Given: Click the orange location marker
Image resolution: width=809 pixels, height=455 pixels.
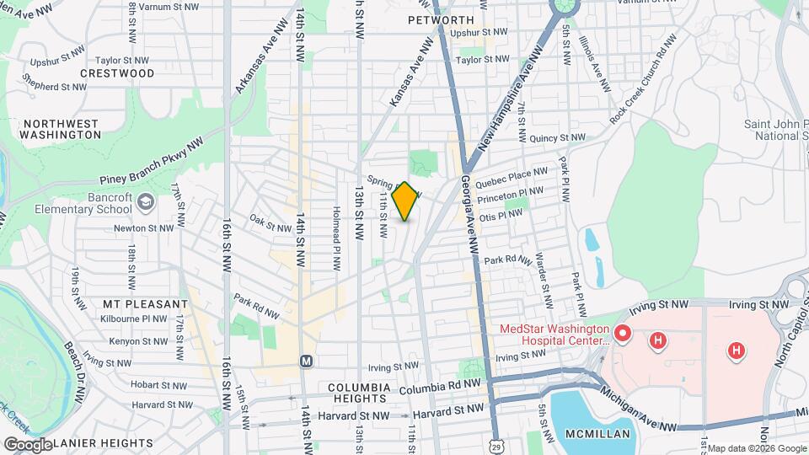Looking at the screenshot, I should [405, 201].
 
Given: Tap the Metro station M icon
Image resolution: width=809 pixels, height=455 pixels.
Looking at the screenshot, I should [307, 361].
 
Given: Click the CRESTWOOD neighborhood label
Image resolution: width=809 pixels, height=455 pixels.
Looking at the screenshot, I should [117, 73].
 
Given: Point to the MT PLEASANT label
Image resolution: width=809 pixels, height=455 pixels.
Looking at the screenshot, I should [145, 303].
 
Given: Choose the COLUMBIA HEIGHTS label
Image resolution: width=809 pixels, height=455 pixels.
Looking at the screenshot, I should [359, 393].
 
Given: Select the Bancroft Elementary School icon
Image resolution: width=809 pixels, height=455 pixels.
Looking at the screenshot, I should [146, 201].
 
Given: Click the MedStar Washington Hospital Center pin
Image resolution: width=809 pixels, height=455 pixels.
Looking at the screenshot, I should [623, 335].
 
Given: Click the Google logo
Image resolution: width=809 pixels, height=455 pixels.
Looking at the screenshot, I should [27, 444].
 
